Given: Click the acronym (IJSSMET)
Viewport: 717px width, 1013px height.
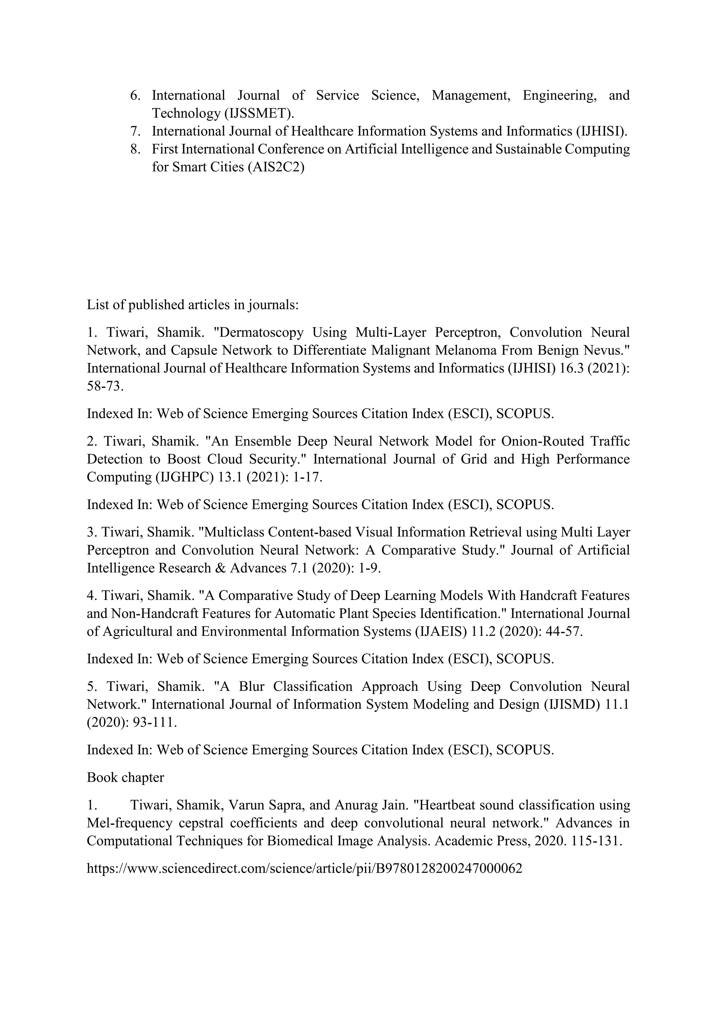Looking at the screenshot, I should point(259,113).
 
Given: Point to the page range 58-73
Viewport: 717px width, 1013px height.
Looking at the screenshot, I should point(105,387).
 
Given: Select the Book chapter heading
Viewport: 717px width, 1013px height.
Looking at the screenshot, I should point(125,777).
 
